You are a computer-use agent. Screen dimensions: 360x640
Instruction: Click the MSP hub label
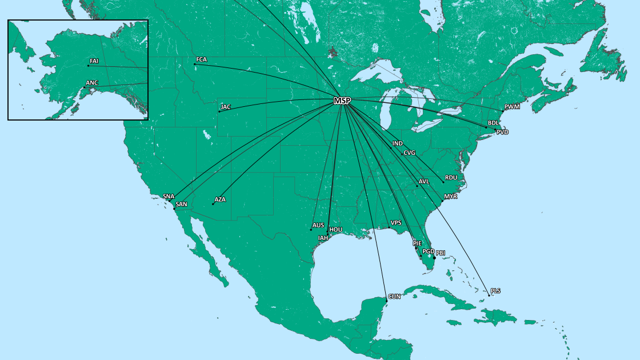point(342,101)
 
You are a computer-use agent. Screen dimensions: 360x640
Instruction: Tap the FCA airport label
point(202,59)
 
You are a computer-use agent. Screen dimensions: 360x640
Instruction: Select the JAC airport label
point(226,107)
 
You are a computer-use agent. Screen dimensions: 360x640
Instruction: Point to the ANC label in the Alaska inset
point(92,83)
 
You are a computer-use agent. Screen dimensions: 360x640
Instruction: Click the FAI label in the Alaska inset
point(94,61)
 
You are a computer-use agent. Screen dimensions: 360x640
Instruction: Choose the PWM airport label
point(512,107)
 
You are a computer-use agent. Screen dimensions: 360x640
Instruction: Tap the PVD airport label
point(502,132)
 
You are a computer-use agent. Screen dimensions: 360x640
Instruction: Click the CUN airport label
point(394,297)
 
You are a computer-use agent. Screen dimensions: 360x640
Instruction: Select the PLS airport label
point(495,291)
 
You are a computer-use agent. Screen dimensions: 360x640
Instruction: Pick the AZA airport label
point(220,200)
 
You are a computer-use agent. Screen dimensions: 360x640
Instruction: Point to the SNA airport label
point(169,196)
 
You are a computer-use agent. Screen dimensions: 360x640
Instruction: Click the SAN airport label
point(181,204)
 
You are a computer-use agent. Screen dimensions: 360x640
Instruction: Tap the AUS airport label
point(318,225)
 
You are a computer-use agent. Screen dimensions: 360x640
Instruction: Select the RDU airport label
point(451,178)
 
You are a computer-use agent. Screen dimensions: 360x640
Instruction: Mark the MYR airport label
point(450,196)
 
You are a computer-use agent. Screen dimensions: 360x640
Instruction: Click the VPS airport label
point(396,222)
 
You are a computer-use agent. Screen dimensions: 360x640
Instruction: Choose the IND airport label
point(398,143)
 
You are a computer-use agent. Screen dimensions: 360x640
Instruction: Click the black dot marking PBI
point(434,258)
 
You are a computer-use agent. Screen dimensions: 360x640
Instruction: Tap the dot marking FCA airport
point(195,64)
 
